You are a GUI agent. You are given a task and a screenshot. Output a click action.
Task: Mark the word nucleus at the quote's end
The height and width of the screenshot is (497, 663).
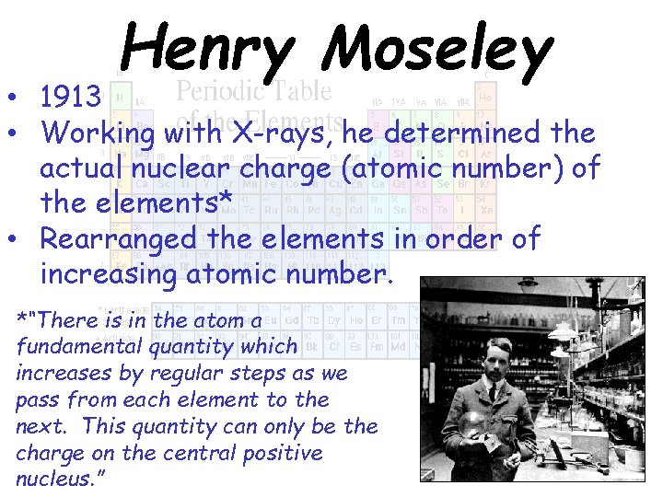[56, 480]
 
